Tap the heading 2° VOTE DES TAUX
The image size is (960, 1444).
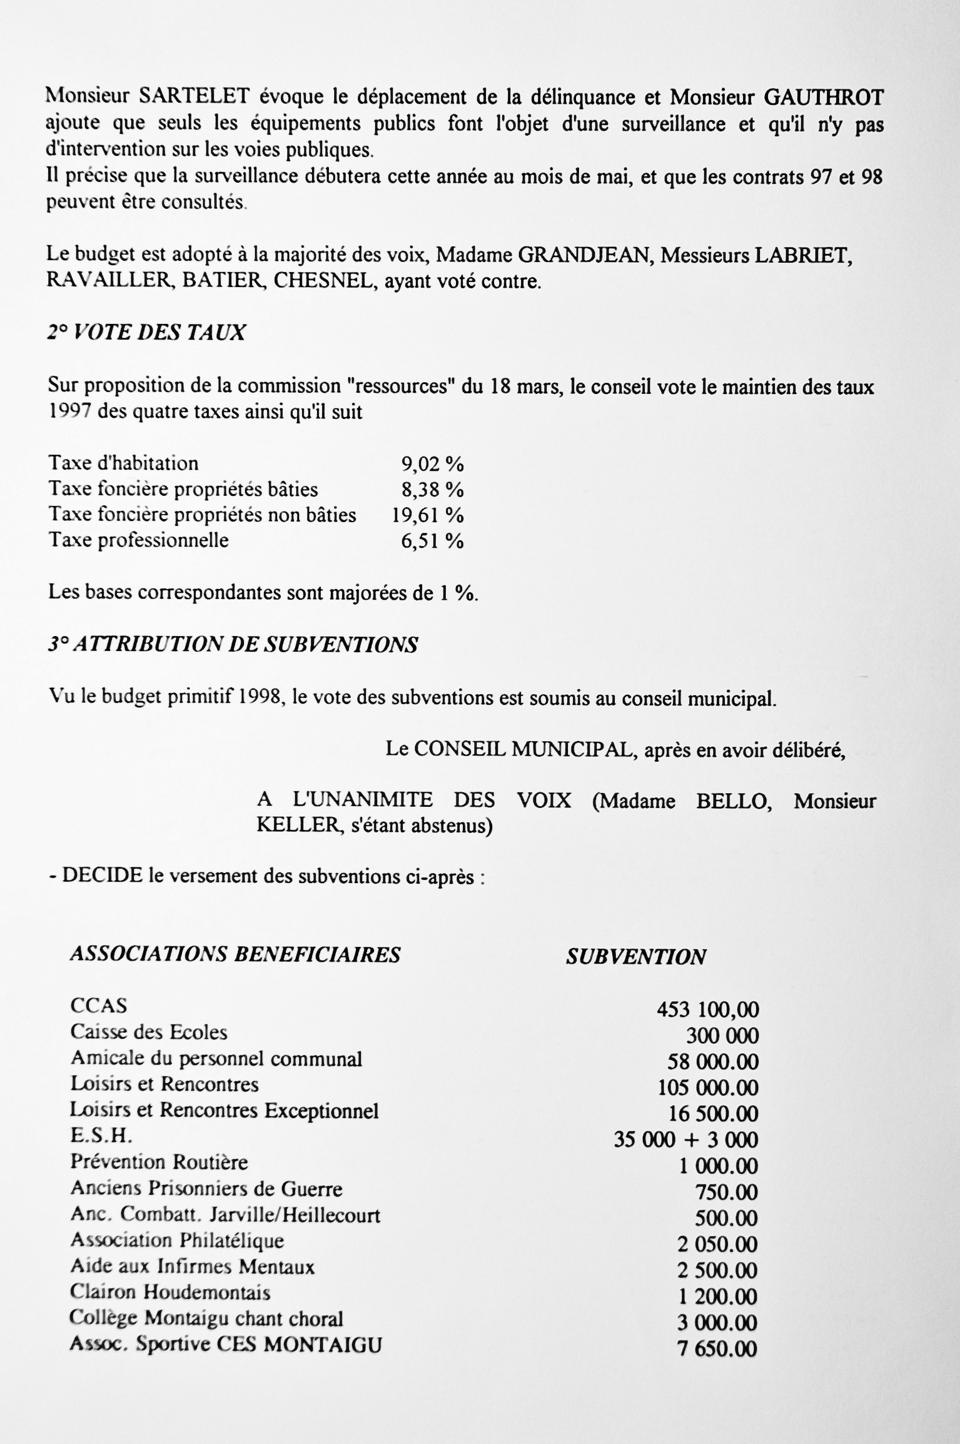tap(146, 332)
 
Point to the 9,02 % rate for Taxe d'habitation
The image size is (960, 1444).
tap(432, 463)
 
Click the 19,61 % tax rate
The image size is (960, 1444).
tap(428, 515)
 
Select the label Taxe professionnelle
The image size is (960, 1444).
tap(139, 540)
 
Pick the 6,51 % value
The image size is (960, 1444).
tap(432, 541)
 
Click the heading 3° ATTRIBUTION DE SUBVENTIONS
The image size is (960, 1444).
tap(233, 645)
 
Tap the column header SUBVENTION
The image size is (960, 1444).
tap(636, 957)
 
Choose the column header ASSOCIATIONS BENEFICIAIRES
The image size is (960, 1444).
tap(235, 954)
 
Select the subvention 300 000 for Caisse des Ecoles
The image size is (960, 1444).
tap(722, 1036)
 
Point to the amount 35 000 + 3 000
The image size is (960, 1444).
tap(686, 1140)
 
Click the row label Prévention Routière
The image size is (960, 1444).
tap(159, 1162)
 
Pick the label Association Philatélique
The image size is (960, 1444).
tap(177, 1240)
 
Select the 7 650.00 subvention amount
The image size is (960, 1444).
tap(717, 1349)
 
